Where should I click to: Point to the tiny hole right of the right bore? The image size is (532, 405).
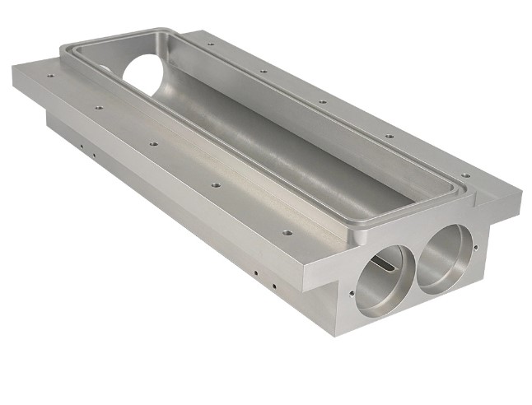tap(479, 246)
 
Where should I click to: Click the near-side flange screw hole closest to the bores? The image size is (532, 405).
tap(287, 232)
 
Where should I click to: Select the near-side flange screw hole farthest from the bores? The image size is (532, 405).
tap(51, 76)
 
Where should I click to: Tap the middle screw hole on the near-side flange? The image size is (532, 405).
tap(153, 143)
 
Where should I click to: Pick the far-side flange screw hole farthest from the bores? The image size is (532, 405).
tap(211, 44)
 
